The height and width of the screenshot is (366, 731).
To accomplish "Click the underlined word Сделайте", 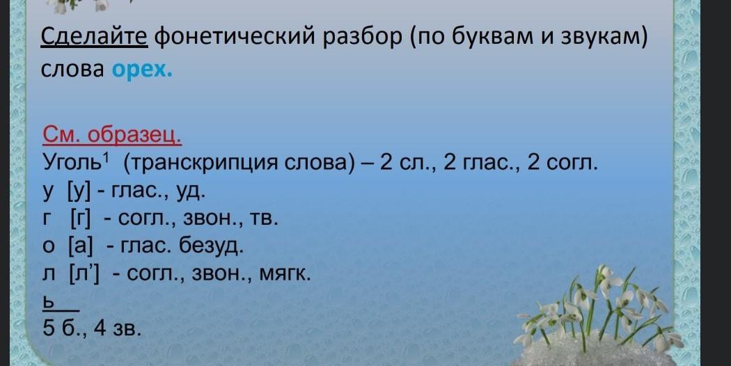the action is pyautogui.click(x=94, y=37).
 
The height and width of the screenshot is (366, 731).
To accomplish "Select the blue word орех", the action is pyautogui.click(x=142, y=70).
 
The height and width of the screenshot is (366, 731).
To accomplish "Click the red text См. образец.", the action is pyautogui.click(x=112, y=135).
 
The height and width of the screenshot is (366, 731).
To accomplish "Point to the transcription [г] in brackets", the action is pyautogui.click(x=81, y=218).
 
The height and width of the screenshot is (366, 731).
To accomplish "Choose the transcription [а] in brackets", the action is pyautogui.click(x=81, y=246).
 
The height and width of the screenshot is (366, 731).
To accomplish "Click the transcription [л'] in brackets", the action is pyautogui.click(x=84, y=273).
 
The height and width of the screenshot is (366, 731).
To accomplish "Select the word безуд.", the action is pyautogui.click(x=212, y=246).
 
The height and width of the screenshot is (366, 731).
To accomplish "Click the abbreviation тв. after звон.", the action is pyautogui.click(x=264, y=219).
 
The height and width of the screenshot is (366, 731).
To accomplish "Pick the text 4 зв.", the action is pyautogui.click(x=117, y=328).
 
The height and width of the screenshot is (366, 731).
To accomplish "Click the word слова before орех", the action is pyautogui.click(x=72, y=70).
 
